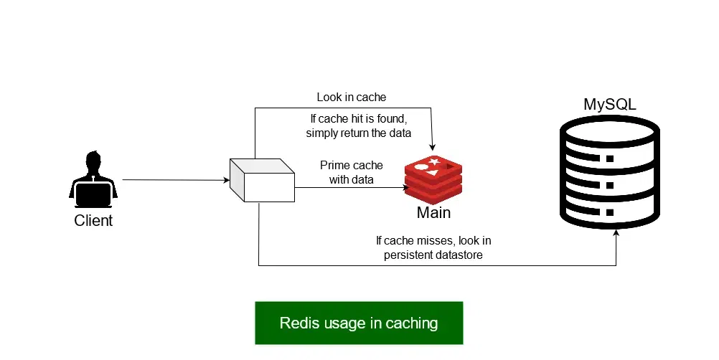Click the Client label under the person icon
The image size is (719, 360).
tap(93, 220)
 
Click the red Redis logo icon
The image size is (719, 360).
tap(433, 178)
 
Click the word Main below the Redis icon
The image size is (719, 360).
tap(433, 213)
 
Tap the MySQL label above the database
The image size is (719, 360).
tap(609, 105)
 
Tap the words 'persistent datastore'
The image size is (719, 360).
tap(433, 255)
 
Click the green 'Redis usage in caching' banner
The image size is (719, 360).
tap(359, 323)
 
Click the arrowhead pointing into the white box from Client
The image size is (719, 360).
tap(226, 181)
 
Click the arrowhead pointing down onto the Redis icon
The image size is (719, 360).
tap(432, 148)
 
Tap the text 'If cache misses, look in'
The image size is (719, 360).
tap(433, 241)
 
